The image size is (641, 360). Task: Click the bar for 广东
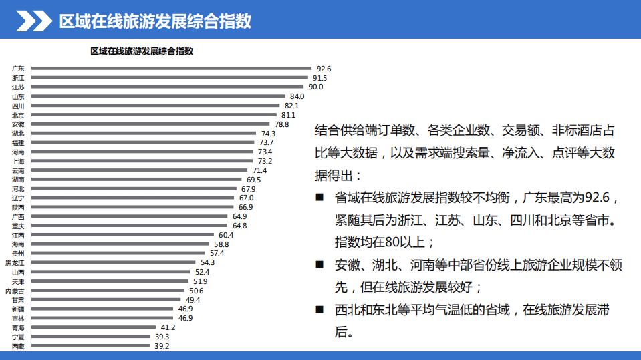(x=170, y=68)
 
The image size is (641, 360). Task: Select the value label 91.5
(x=319, y=78)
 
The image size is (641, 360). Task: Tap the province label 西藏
(x=18, y=347)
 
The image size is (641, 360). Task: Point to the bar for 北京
(x=153, y=115)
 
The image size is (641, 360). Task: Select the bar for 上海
(x=142, y=161)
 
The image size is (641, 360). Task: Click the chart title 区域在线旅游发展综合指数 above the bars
(x=142, y=51)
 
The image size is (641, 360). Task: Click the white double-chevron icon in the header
(x=33, y=21)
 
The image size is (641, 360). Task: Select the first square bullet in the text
(x=319, y=198)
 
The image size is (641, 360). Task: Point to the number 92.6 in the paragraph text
(x=598, y=198)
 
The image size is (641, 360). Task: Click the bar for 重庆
(x=129, y=226)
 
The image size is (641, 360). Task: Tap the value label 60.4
(x=226, y=235)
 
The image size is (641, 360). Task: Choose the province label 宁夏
(x=18, y=337)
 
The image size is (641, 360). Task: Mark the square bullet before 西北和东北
(x=319, y=309)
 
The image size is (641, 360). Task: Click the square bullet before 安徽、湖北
(x=319, y=264)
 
